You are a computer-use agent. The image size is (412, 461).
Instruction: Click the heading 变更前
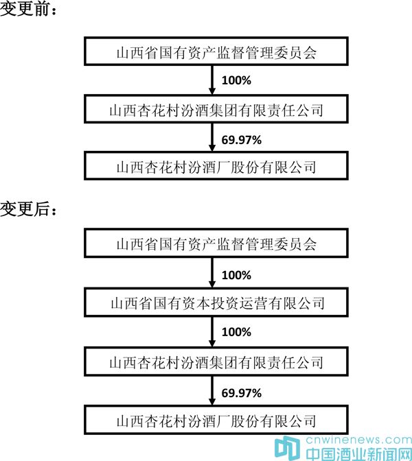tap(28, 10)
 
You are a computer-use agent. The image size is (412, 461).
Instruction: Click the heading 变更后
tap(28, 209)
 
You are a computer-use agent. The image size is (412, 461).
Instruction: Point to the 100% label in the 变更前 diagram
tap(236, 80)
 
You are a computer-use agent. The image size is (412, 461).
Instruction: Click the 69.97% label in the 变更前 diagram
tap(241, 140)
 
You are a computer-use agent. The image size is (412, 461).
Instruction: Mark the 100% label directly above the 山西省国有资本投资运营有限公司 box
tap(236, 275)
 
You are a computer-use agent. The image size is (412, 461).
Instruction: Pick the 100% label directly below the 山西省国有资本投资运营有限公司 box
tap(236, 332)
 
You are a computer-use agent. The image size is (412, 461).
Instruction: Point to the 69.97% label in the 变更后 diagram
tap(241, 393)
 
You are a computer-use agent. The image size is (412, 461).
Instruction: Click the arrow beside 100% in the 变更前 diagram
tap(212, 80)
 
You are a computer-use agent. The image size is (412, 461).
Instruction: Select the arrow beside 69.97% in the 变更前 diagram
tap(212, 137)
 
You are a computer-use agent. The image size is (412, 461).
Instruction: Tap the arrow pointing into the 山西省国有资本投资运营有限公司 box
tap(212, 273)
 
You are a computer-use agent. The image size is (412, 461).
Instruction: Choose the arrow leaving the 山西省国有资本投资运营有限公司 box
tap(212, 332)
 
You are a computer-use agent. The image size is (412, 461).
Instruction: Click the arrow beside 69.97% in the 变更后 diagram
tap(212, 391)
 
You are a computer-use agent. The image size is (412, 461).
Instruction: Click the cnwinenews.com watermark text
tap(358, 440)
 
